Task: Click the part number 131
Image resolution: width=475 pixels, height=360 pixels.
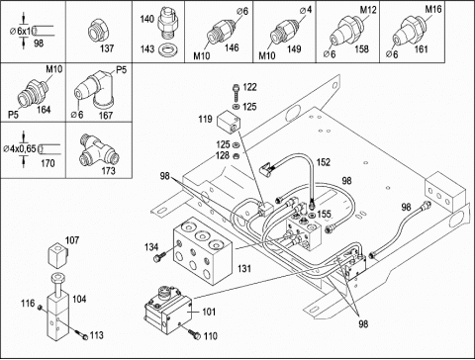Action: (244, 269)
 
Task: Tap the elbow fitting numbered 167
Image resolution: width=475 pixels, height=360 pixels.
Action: (94, 90)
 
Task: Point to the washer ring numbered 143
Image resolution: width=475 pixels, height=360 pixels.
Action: (169, 50)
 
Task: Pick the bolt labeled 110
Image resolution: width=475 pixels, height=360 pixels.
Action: (195, 333)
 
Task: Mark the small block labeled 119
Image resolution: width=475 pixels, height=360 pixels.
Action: (228, 122)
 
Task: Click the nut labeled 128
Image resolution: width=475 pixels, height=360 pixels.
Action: (236, 155)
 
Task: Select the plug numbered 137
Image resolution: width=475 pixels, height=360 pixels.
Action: (98, 32)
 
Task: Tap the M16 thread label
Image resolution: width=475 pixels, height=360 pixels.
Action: (433, 9)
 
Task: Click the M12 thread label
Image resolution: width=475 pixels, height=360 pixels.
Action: (368, 10)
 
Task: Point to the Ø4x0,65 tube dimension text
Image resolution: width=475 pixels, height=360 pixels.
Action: (20, 149)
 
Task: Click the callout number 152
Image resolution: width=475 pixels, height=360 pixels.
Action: (324, 162)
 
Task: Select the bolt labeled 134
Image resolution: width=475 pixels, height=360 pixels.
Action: (160, 256)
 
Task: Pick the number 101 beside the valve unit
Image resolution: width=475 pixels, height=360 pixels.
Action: (209, 312)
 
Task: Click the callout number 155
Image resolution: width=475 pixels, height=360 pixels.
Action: (324, 214)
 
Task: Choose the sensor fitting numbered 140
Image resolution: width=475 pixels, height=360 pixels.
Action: (167, 22)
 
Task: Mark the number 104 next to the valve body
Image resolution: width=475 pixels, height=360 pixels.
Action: (79, 299)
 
